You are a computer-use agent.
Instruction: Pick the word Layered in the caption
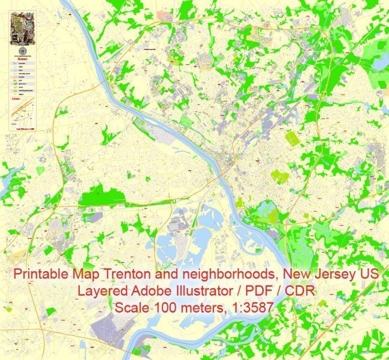96,292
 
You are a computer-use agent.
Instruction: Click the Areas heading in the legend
22,59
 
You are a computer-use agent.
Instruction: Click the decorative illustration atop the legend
23,26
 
